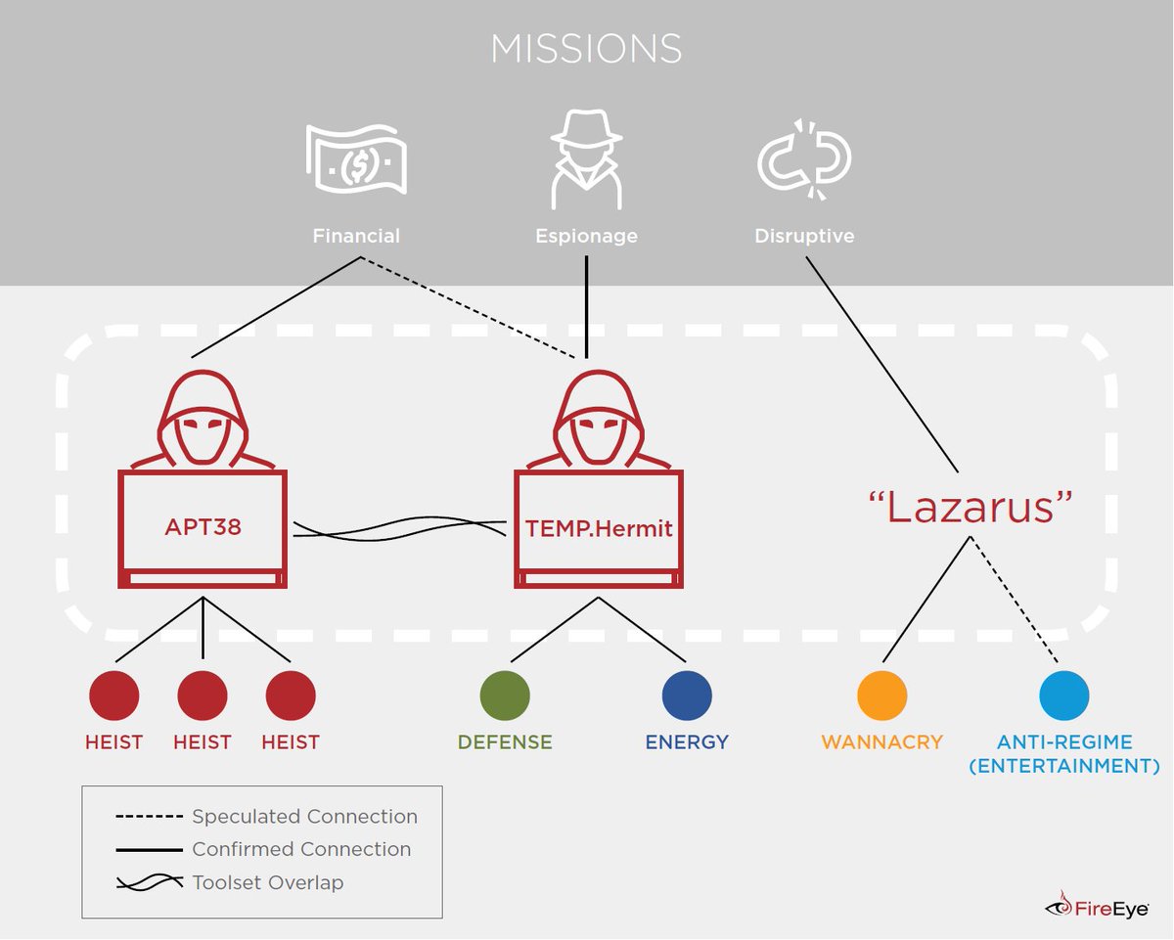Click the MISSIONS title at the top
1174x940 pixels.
click(586, 49)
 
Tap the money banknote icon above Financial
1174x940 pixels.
click(356, 158)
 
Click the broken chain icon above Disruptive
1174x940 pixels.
click(804, 158)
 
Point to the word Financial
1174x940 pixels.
click(356, 236)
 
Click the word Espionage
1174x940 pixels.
click(586, 236)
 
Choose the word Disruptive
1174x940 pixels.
click(804, 236)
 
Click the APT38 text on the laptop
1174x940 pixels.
click(203, 528)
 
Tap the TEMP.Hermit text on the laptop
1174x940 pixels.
click(599, 528)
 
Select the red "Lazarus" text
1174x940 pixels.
click(971, 509)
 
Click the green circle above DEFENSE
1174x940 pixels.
click(505, 695)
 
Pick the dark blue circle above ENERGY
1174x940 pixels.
click(687, 695)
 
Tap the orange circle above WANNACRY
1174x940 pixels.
click(881, 695)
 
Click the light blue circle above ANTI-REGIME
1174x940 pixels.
click(1063, 695)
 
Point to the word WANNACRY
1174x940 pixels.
click(881, 741)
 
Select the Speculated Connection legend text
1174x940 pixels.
click(304, 817)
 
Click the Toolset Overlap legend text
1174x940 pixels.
click(268, 882)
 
